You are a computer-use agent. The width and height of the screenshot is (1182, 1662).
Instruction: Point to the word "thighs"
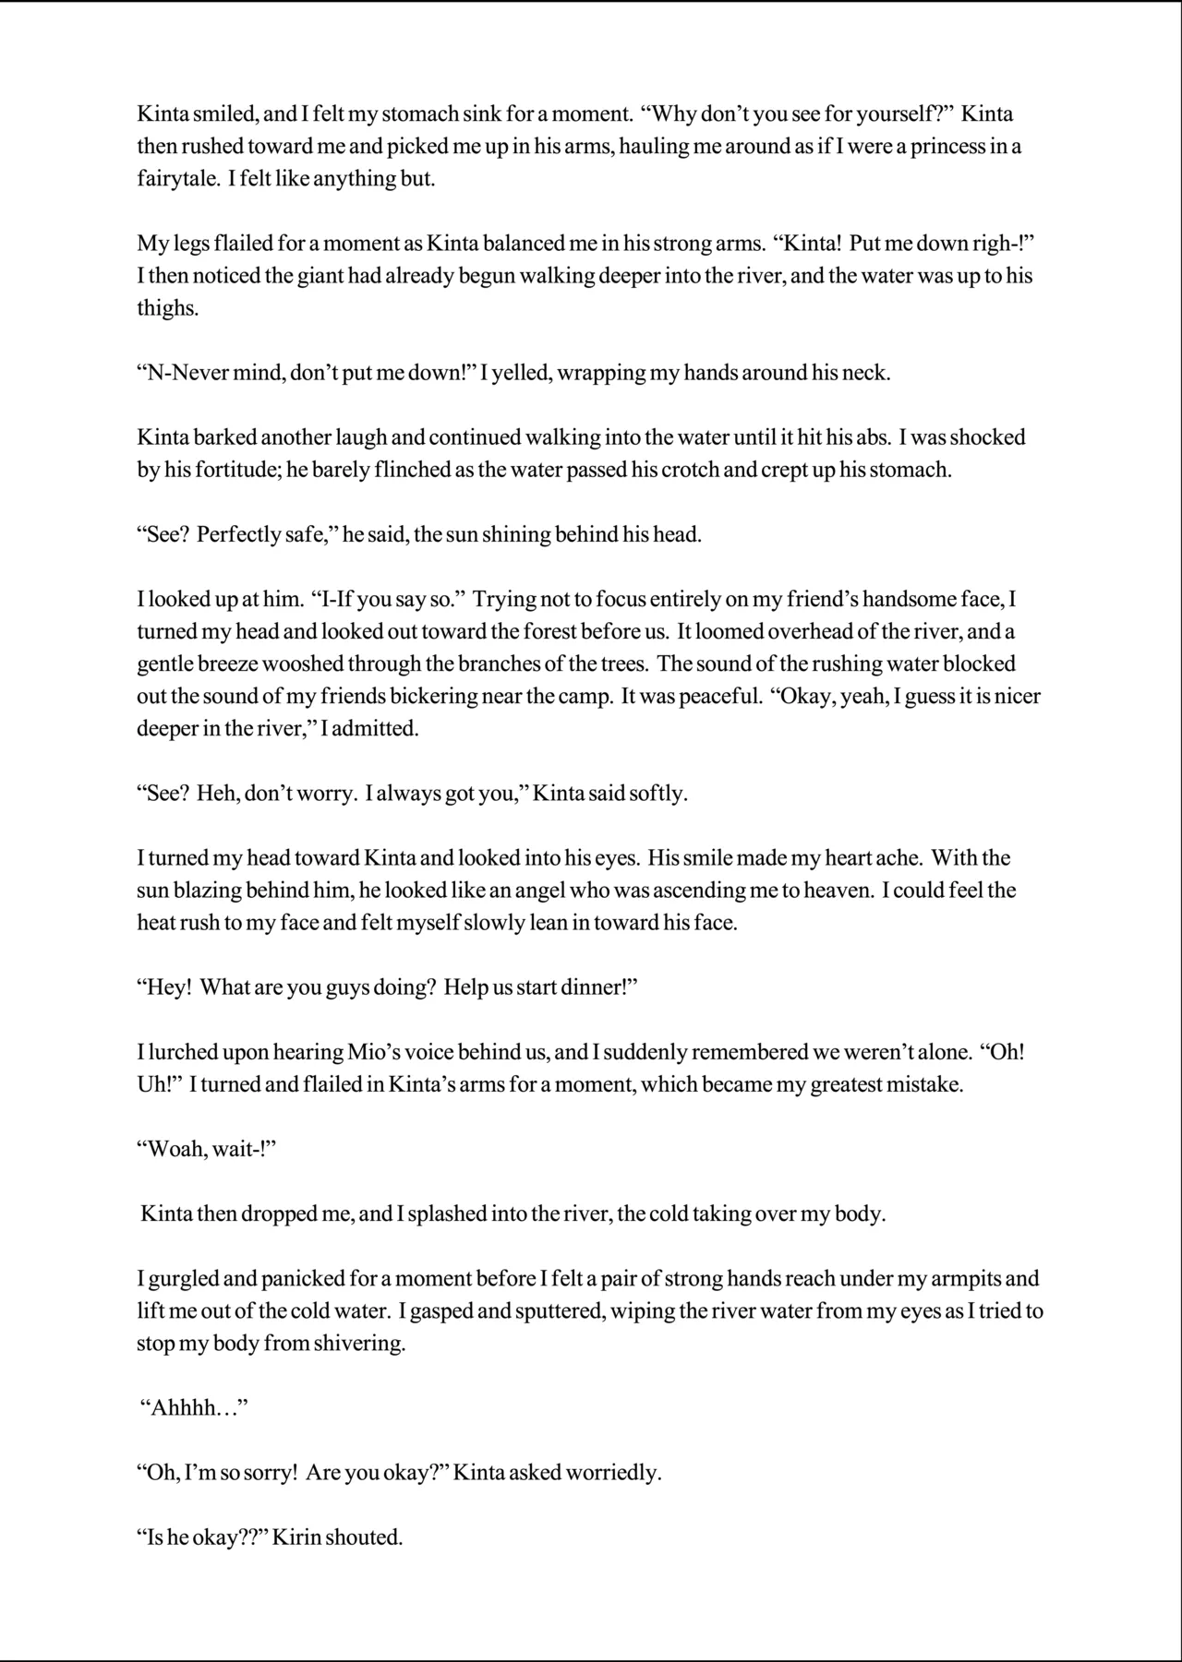pos(168,308)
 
